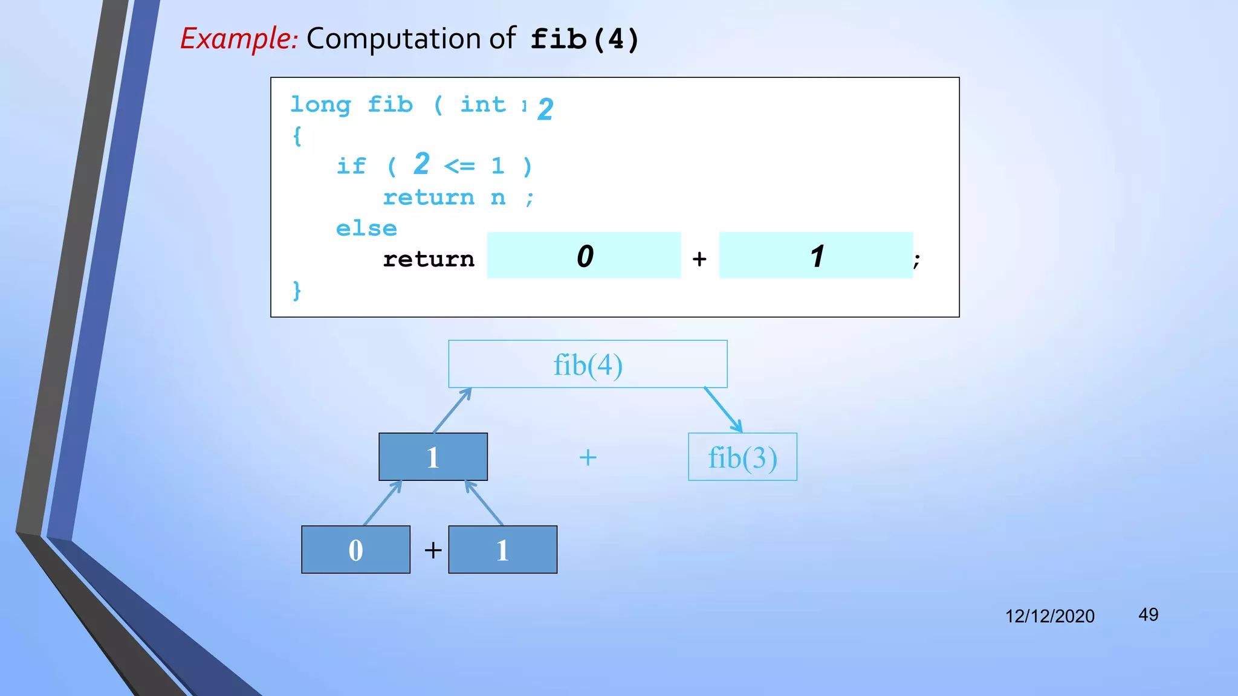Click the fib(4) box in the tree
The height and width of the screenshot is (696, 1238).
tap(588, 364)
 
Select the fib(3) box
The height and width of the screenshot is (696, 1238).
tap(742, 457)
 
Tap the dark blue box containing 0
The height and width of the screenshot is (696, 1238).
tap(355, 550)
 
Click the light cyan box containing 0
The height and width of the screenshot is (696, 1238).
tap(584, 256)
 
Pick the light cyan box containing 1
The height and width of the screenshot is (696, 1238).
tap(815, 256)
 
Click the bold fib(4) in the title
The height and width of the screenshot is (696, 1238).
tap(585, 40)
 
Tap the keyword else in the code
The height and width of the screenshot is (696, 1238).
tap(366, 228)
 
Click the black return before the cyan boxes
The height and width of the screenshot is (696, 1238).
tap(429, 259)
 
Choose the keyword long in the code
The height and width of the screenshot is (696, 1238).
tap(320, 105)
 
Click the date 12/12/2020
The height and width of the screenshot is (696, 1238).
tap(1049, 616)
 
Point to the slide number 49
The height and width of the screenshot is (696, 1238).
tap(1148, 615)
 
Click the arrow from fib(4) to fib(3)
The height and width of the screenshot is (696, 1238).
tap(723, 410)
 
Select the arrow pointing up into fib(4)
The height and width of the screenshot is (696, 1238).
tap(452, 410)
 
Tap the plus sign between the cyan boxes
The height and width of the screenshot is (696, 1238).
tap(699, 259)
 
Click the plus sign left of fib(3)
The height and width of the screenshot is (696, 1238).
tap(588, 457)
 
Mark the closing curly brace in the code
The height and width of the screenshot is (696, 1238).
tap(296, 291)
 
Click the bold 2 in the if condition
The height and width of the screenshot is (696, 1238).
tap(421, 164)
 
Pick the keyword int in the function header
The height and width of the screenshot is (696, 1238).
tap(483, 105)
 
